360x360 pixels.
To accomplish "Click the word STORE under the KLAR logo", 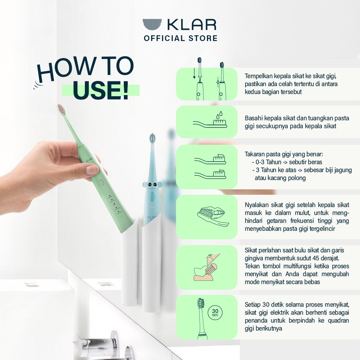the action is (203, 39).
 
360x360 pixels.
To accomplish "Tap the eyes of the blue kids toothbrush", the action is (152, 184).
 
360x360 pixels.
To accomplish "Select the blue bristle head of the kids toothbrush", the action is (152, 138).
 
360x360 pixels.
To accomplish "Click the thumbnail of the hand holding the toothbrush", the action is (91, 170).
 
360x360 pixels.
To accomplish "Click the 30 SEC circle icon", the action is (215, 312).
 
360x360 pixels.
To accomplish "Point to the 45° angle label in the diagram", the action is (210, 255).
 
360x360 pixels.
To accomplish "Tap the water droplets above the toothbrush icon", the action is (219, 115).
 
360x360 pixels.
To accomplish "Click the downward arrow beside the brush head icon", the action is (194, 73).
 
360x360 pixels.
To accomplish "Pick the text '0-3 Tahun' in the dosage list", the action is (268, 162).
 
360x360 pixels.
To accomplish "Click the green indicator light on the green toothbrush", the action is (121, 216).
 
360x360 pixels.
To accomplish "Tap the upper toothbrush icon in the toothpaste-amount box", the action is (210, 159).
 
